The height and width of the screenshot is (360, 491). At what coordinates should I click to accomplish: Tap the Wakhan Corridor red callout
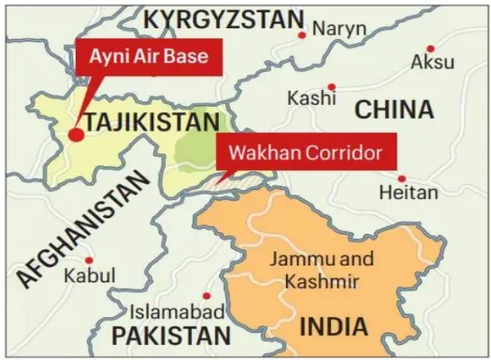299,151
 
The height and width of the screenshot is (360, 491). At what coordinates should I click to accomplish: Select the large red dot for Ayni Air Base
76,135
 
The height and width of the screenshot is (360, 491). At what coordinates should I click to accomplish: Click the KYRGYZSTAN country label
224,19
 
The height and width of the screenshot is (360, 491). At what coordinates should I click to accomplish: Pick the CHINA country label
394,109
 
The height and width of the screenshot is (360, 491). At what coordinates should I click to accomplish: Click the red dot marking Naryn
302,35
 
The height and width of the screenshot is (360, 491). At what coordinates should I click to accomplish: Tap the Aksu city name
433,64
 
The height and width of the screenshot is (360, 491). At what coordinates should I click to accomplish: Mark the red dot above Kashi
331,86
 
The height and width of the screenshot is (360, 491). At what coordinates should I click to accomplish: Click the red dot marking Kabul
89,260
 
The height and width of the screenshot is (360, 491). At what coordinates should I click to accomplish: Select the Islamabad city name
177,311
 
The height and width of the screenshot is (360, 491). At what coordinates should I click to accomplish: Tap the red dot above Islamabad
207,295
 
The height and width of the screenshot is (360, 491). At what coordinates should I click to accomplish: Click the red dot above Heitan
401,178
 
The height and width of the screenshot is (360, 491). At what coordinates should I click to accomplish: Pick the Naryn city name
339,29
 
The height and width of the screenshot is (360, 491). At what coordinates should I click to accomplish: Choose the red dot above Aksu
430,48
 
